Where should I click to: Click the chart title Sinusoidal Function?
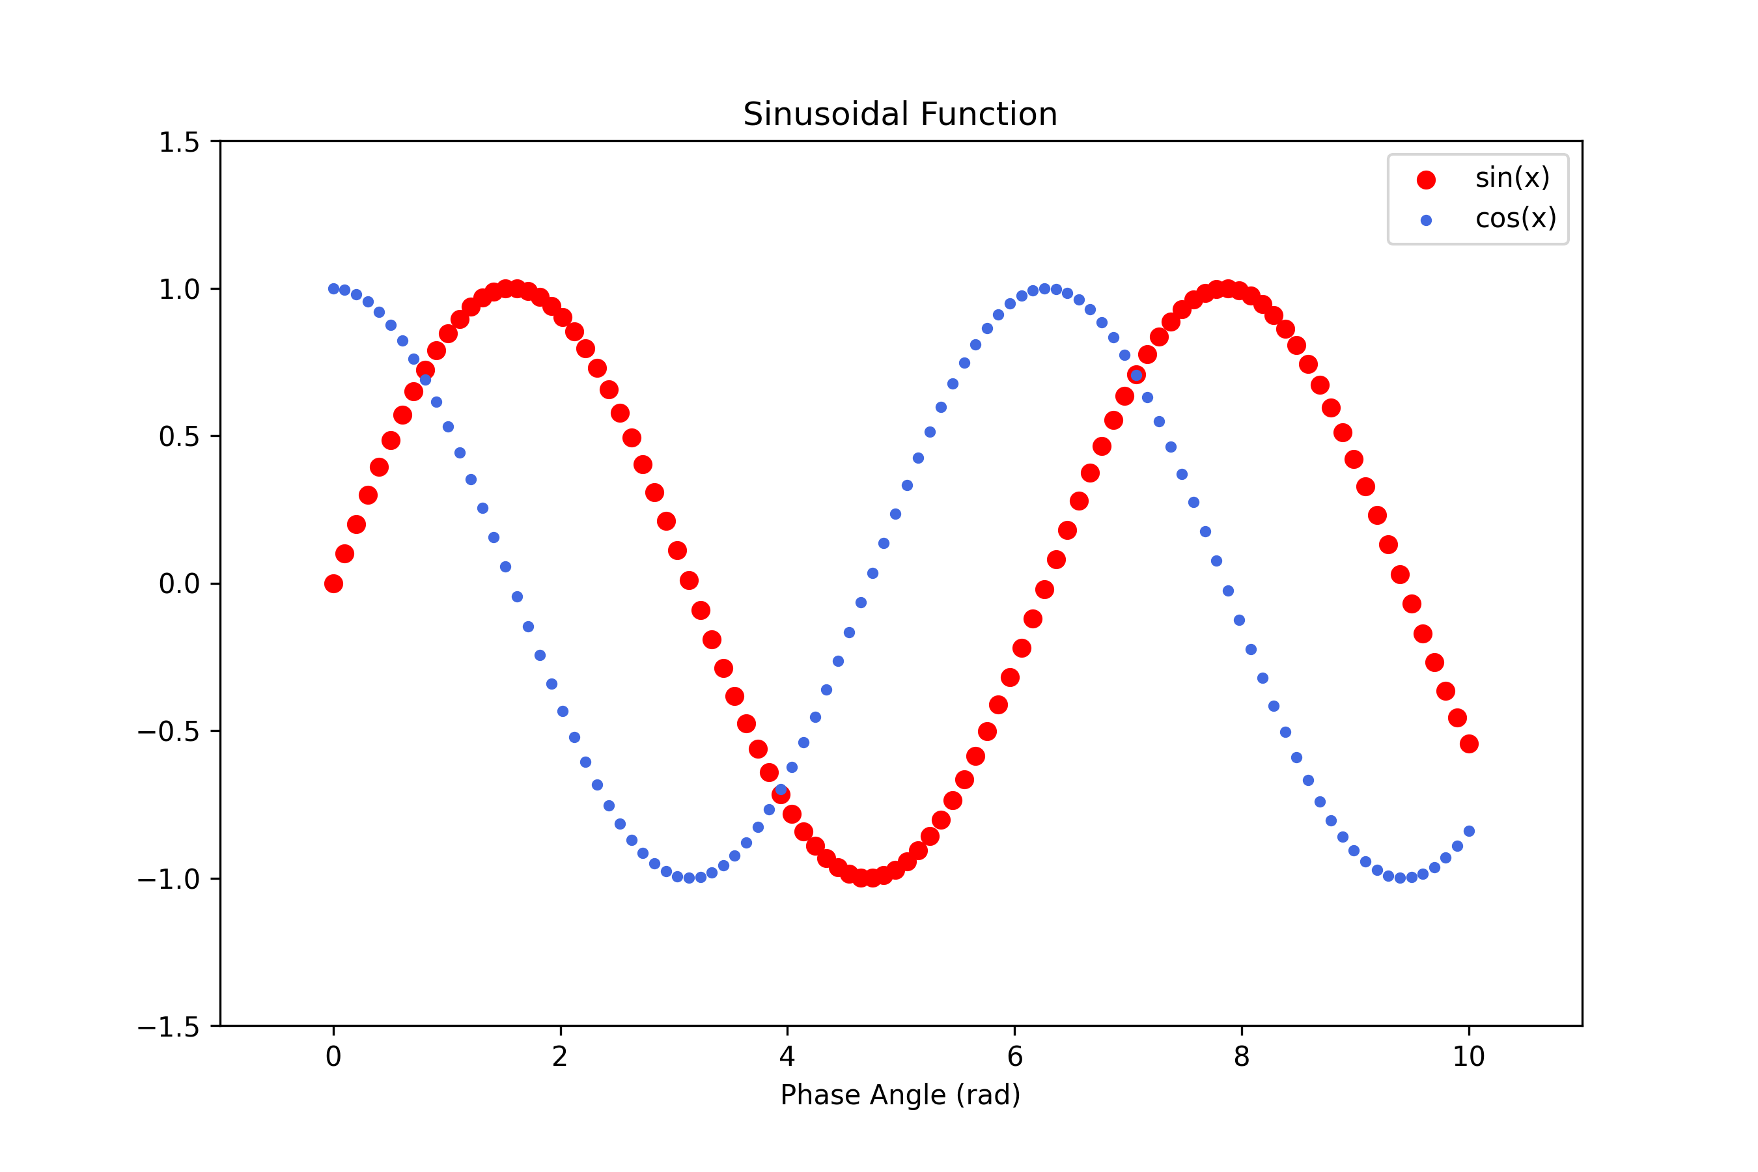pos(900,115)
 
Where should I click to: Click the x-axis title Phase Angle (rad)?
pos(900,1095)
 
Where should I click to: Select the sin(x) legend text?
pos(1512,178)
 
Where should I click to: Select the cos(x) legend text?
pos(1515,218)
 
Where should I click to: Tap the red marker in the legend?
pos(1426,180)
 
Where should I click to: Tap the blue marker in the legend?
pos(1426,221)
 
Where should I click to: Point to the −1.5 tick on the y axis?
pos(168,1027)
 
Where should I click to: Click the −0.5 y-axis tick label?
pos(168,731)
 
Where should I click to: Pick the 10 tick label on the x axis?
pos(1468,1057)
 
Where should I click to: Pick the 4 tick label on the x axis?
pos(787,1057)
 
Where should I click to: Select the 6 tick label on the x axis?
pos(1014,1057)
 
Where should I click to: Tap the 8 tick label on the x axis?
pos(1242,1057)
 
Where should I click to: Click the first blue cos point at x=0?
pos(333,288)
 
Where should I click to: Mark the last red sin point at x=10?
pos(1469,744)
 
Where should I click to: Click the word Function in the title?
pos(989,115)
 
